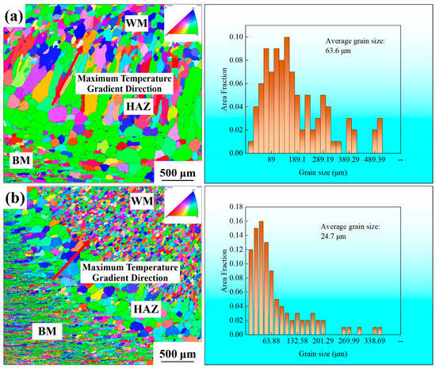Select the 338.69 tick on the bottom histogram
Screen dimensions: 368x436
(372, 340)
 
